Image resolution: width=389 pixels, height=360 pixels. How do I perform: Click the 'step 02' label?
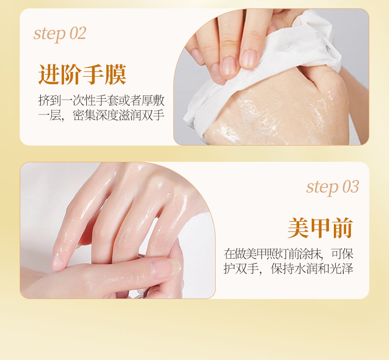[x=60, y=34]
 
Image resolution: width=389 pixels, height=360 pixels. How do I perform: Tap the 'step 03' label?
[x=333, y=187]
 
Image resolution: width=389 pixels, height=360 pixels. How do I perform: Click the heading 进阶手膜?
[x=82, y=74]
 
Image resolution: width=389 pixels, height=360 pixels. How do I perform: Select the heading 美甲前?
[x=320, y=228]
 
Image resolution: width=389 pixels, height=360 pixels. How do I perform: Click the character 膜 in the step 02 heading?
[x=116, y=74]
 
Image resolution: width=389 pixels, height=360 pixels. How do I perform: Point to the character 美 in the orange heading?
[x=298, y=228]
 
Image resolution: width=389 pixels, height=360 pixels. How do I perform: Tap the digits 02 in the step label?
[x=78, y=33]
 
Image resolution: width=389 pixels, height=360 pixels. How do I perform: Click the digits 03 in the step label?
[x=351, y=186]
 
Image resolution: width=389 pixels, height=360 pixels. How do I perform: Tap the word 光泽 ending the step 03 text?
[x=341, y=269]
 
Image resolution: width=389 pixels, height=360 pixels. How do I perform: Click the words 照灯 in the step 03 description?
[x=276, y=254]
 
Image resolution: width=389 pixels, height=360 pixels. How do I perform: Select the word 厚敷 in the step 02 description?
[x=153, y=100]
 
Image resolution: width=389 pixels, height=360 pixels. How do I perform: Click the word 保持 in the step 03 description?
[x=282, y=269]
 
